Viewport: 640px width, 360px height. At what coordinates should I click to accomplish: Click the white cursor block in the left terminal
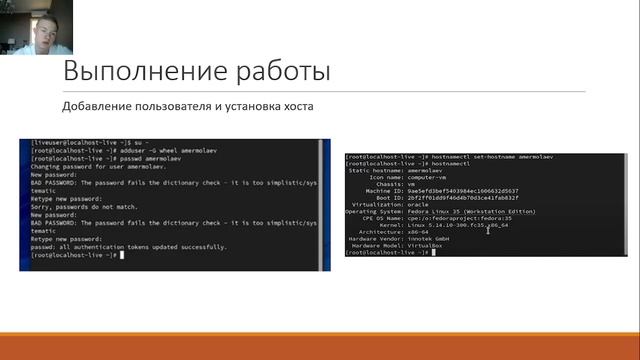(119, 255)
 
